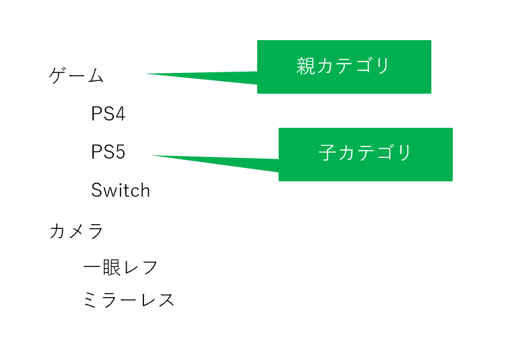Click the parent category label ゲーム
coord(76,76)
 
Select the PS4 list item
coord(109,114)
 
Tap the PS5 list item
coord(109,151)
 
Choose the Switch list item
coord(121,190)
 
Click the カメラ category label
coord(76,232)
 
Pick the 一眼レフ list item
coord(120,268)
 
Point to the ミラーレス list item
coord(129,300)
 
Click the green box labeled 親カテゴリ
coord(344,67)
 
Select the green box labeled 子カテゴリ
coord(366,155)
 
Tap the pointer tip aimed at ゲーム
coord(147,74)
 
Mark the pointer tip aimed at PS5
coord(151,155)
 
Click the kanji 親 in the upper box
coord(305,66)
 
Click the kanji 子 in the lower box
coord(328,153)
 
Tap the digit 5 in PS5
coord(120,152)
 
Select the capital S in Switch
coord(96,190)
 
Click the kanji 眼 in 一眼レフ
coord(111,268)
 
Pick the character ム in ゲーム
coord(96,76)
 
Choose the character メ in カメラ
coord(76,232)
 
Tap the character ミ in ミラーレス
coord(90,300)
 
